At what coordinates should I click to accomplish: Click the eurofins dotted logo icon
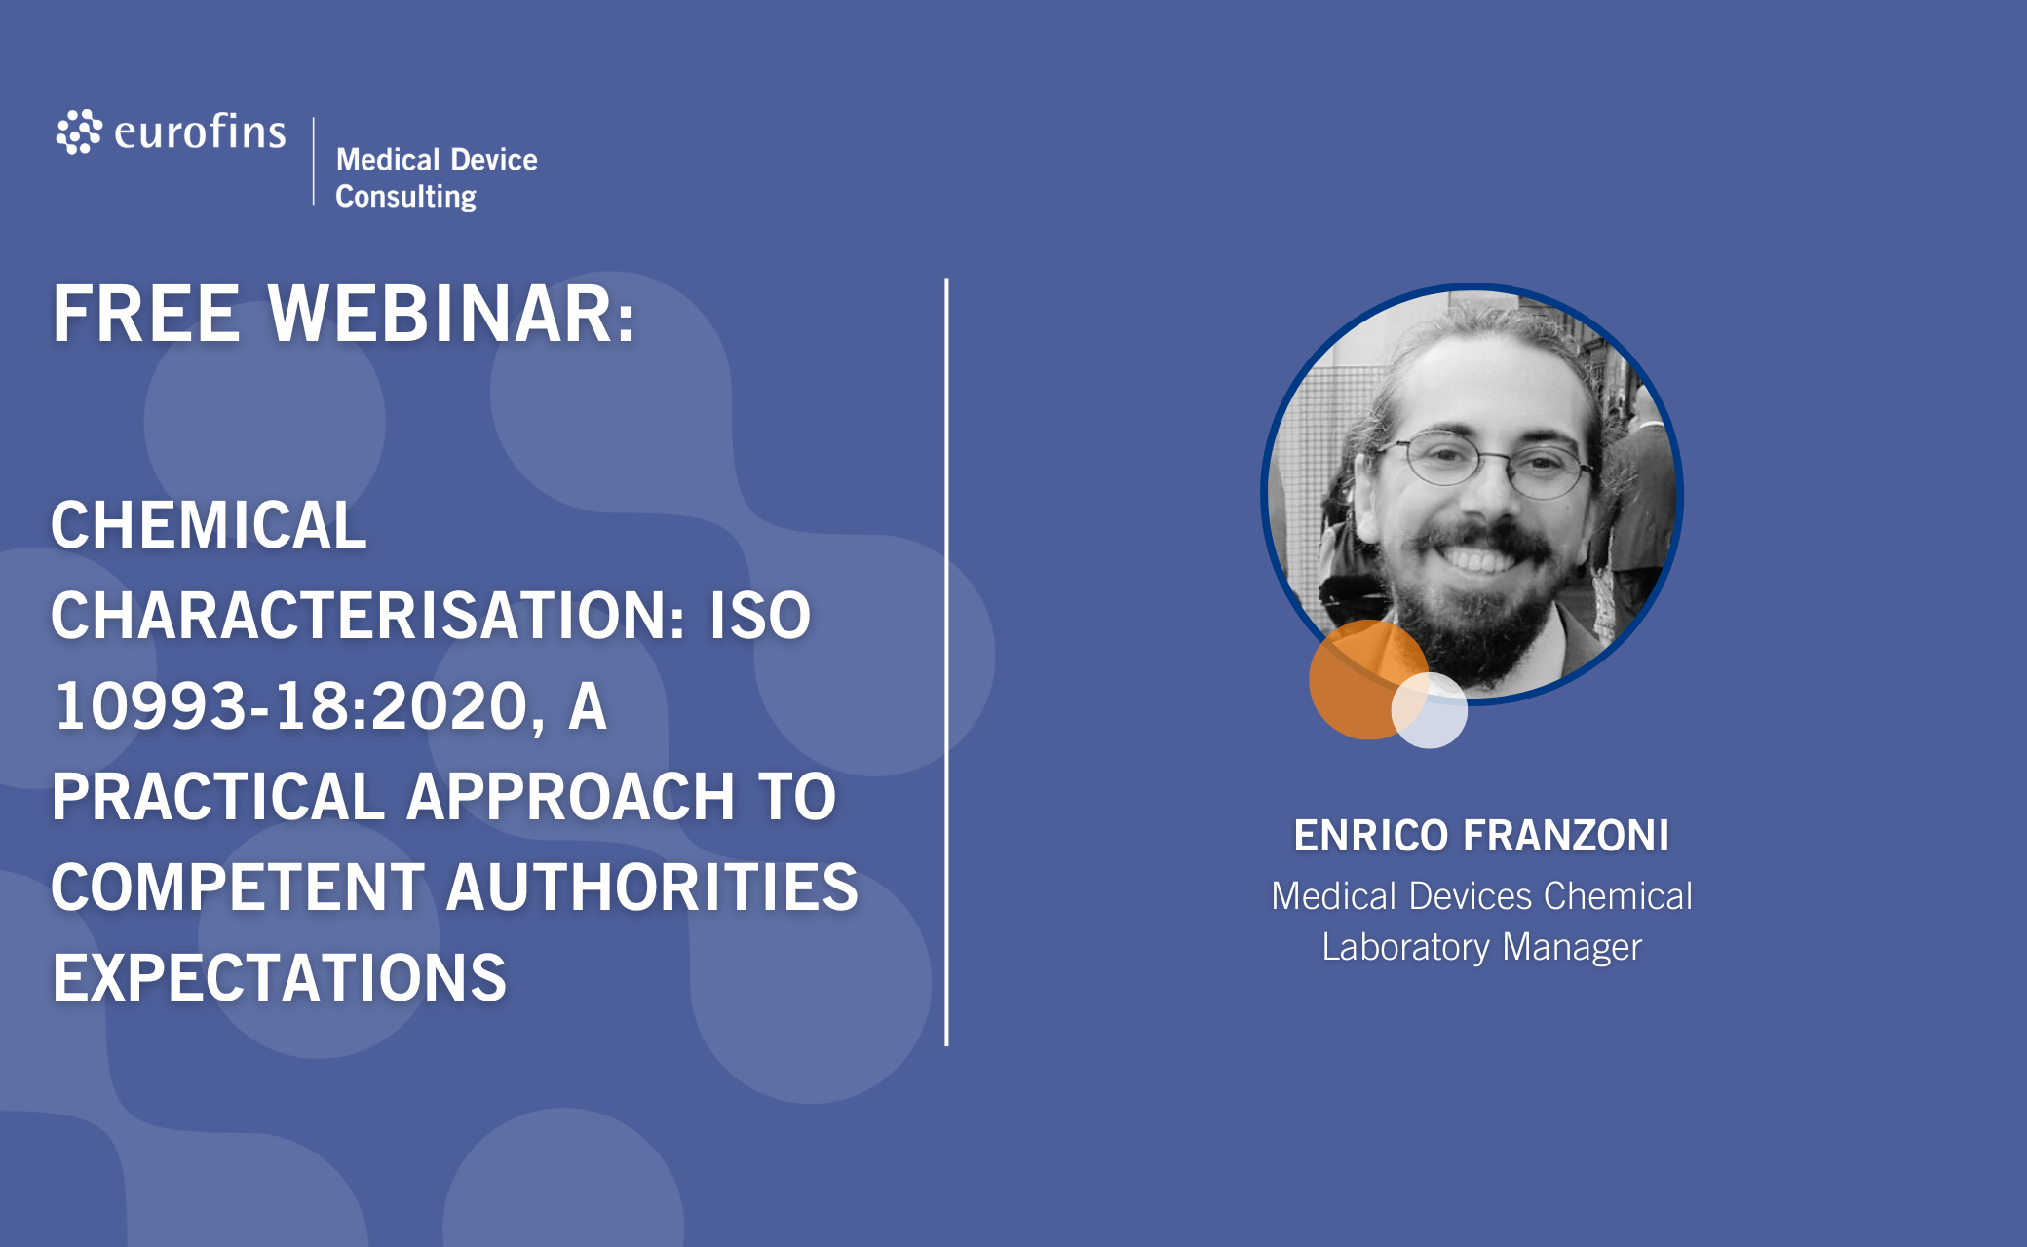tap(79, 132)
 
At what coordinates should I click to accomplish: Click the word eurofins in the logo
tap(200, 132)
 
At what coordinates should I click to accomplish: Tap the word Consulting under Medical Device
tap(406, 196)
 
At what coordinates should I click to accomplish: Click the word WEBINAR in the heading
tap(451, 314)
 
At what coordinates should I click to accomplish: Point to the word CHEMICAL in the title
tap(209, 524)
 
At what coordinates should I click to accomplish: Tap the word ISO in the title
tap(760, 615)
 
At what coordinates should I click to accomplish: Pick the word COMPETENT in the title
tap(238, 887)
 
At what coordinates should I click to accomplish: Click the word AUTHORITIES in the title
tap(652, 887)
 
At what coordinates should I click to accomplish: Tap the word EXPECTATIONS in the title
tap(280, 977)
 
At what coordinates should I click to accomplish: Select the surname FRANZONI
tap(1566, 835)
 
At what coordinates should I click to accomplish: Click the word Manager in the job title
tap(1572, 947)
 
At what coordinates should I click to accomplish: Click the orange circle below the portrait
tap(1364, 680)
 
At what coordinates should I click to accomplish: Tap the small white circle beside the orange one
tap(1430, 710)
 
